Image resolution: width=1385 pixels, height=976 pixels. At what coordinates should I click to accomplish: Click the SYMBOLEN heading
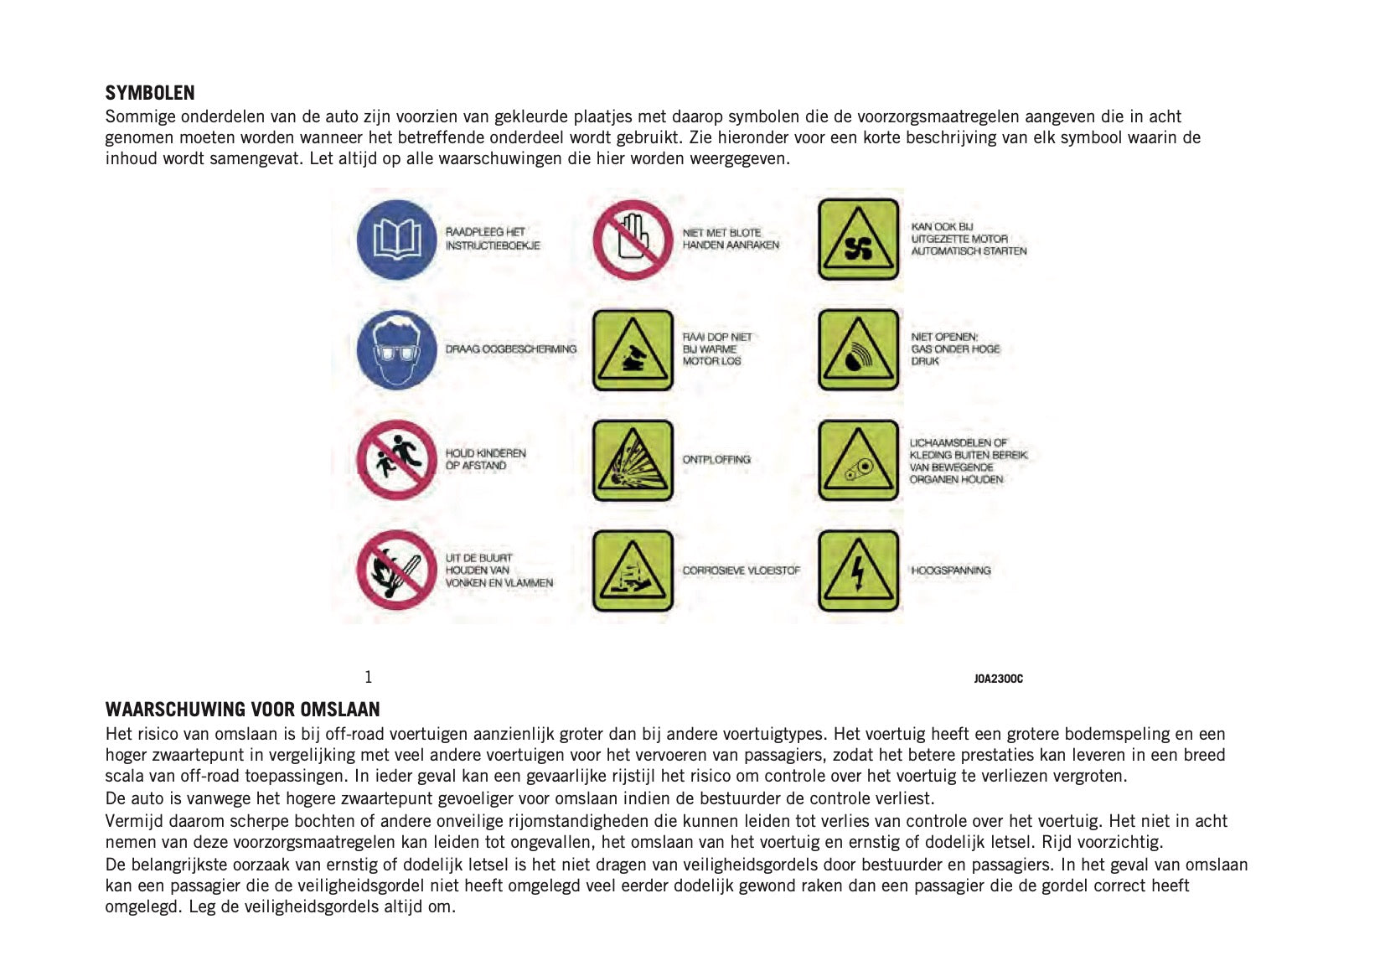pyautogui.click(x=150, y=93)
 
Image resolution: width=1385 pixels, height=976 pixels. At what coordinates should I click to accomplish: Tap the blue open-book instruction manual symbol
pyautogui.click(x=396, y=240)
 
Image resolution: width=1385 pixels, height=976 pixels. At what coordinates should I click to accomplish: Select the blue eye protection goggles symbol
pyautogui.click(x=396, y=349)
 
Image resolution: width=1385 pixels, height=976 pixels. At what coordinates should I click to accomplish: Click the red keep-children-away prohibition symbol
pyautogui.click(x=396, y=460)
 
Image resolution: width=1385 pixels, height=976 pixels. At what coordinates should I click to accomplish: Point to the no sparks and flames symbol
pyautogui.click(x=396, y=570)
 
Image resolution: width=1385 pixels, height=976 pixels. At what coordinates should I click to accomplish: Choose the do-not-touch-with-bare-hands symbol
pyautogui.click(x=633, y=240)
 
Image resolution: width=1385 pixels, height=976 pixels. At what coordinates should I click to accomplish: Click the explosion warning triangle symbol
pyautogui.click(x=633, y=460)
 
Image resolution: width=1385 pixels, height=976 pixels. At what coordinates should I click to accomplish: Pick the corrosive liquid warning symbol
pyautogui.click(x=633, y=570)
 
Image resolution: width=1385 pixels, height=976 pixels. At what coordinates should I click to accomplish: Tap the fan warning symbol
pyautogui.click(x=858, y=240)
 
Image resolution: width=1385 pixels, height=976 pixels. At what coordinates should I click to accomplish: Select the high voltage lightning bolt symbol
pyautogui.click(x=858, y=570)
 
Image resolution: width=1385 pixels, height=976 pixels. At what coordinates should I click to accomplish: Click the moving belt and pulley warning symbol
pyautogui.click(x=858, y=460)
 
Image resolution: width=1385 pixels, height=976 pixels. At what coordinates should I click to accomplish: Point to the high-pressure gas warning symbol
pyautogui.click(x=858, y=349)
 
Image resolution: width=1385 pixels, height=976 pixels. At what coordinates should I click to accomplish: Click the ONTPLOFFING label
pyautogui.click(x=716, y=460)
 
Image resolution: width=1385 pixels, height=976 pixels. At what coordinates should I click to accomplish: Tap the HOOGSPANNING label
pyautogui.click(x=951, y=571)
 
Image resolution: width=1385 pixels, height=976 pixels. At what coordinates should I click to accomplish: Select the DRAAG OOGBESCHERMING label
pyautogui.click(x=511, y=349)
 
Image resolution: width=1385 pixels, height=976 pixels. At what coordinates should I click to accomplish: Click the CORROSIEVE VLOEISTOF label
pyautogui.click(x=741, y=571)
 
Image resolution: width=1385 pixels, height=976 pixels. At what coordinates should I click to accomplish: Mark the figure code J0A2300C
pyautogui.click(x=998, y=679)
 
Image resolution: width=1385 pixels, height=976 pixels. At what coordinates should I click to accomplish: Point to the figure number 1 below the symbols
pyautogui.click(x=368, y=677)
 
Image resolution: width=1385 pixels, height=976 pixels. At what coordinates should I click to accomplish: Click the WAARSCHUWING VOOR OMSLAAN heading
pyautogui.click(x=242, y=710)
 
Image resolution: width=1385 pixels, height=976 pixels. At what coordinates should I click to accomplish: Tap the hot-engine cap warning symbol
pyautogui.click(x=633, y=349)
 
